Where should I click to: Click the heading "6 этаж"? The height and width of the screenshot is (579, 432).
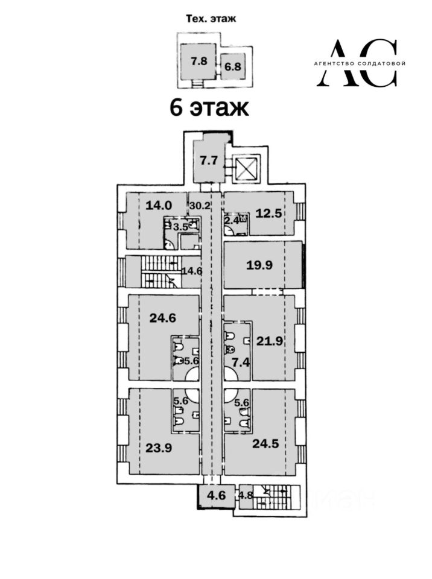[209, 109]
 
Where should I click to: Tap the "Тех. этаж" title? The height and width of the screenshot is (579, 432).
[209, 19]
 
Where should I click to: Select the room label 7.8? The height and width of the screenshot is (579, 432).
[199, 60]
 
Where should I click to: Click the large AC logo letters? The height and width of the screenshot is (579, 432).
[358, 63]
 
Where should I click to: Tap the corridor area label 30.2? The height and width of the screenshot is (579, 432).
[200, 205]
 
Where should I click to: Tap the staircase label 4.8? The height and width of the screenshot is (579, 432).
[246, 497]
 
